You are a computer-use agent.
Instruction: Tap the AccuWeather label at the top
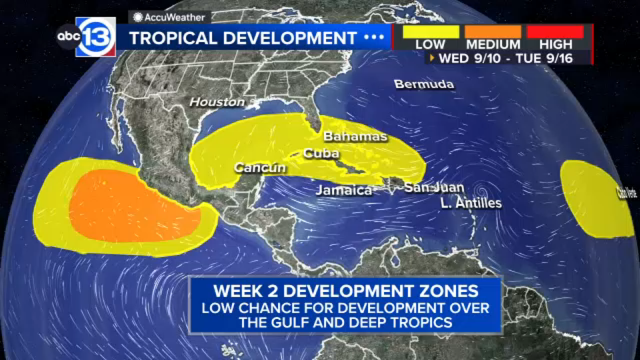click(170, 17)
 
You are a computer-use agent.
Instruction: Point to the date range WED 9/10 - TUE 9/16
click(506, 58)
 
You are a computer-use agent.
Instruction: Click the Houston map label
click(217, 102)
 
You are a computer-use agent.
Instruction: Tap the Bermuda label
click(424, 84)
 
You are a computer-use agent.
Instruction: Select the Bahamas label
click(355, 136)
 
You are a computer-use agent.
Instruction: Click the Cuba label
click(321, 153)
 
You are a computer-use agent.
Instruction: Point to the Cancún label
click(260, 168)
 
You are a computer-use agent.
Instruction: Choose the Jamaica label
click(344, 190)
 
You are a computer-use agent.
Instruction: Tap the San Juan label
click(434, 187)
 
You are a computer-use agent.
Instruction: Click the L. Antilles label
click(471, 203)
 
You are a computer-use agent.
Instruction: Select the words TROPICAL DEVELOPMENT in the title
click(243, 38)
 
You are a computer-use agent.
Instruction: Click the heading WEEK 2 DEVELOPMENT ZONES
click(346, 291)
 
